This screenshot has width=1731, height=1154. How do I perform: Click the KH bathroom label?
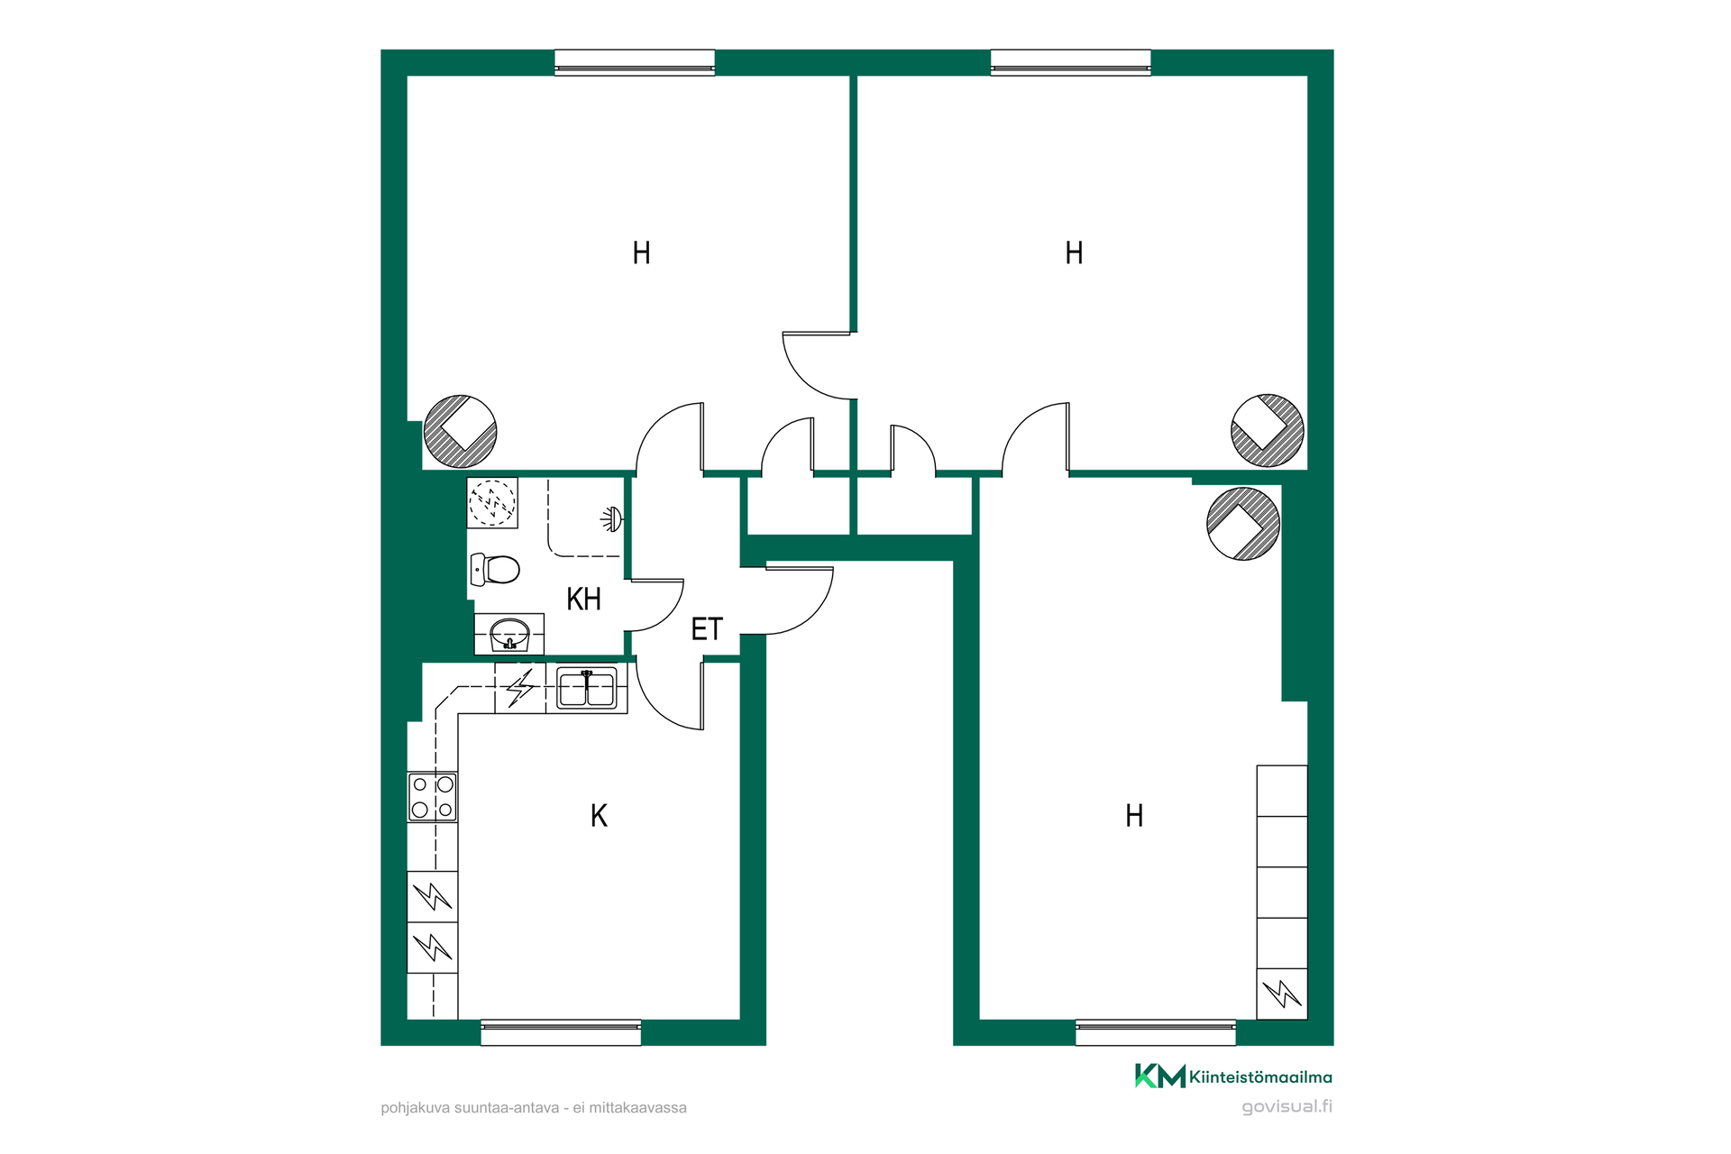click(x=583, y=599)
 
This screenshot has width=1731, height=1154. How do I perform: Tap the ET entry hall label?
click(x=707, y=629)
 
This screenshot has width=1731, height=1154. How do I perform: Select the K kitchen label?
click(x=599, y=816)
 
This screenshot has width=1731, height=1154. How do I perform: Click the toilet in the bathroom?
click(x=495, y=569)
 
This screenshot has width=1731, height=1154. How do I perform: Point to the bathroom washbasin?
click(x=509, y=634)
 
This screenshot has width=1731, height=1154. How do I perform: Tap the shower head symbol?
click(x=613, y=518)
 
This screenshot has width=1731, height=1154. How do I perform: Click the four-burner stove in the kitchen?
click(x=433, y=797)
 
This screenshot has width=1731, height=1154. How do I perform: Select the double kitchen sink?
click(x=587, y=688)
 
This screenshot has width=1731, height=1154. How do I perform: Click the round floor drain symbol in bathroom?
click(x=492, y=502)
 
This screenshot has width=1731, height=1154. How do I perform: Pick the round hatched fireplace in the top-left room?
click(x=461, y=431)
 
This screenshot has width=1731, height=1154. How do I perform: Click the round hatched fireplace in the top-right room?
click(x=1268, y=430)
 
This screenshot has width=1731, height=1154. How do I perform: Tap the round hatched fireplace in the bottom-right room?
click(x=1243, y=524)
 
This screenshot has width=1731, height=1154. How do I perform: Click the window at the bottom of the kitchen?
click(x=561, y=1032)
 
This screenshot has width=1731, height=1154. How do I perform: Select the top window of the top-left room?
click(x=635, y=62)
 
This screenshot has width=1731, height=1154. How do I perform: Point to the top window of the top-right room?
click(x=1071, y=62)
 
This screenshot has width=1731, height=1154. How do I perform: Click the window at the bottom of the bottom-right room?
click(x=1156, y=1032)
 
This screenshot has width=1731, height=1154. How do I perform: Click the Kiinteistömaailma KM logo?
click(x=1233, y=1076)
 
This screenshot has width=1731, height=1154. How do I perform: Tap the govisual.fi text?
click(x=1287, y=1106)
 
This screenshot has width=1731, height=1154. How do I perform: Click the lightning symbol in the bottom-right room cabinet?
click(x=1282, y=994)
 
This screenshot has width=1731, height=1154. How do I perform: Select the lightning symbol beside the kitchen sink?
click(x=520, y=688)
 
